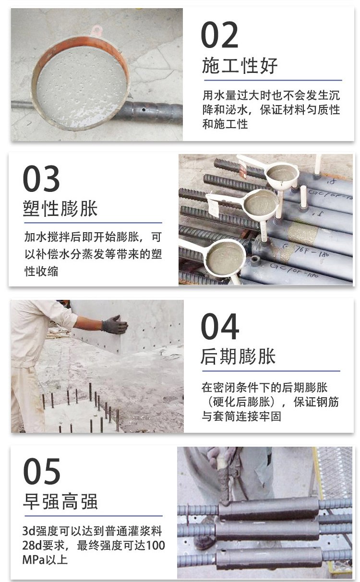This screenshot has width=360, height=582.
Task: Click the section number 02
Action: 220,35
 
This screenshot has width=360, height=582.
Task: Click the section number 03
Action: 41,178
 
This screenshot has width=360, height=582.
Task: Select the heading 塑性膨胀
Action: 60,208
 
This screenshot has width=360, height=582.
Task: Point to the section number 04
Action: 220,326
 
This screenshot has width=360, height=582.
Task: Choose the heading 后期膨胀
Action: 238,356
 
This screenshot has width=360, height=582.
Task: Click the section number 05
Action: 42,472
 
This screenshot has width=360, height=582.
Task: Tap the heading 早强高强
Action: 60,501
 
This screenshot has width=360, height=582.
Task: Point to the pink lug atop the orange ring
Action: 96,31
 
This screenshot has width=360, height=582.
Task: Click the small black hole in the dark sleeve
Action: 144,110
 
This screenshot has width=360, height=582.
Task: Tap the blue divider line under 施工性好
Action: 273,80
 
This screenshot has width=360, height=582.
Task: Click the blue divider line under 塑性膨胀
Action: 93,223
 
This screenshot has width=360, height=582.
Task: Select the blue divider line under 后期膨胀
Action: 271,371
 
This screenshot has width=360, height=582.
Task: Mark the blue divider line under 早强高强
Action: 93,516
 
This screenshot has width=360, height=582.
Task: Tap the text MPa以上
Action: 45,559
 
